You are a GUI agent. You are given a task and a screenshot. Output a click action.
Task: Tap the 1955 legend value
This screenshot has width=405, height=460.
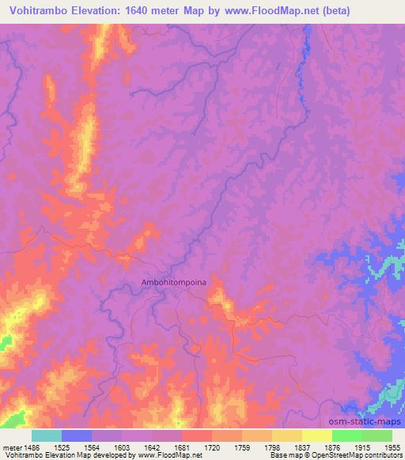point(392,447)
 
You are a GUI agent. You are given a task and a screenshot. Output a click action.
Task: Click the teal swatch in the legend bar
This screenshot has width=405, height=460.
point(47,435)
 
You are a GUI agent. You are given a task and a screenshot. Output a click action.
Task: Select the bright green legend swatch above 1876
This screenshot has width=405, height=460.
point(346,435)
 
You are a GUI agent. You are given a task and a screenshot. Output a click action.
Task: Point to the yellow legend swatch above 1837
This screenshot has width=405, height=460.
point(316,435)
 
